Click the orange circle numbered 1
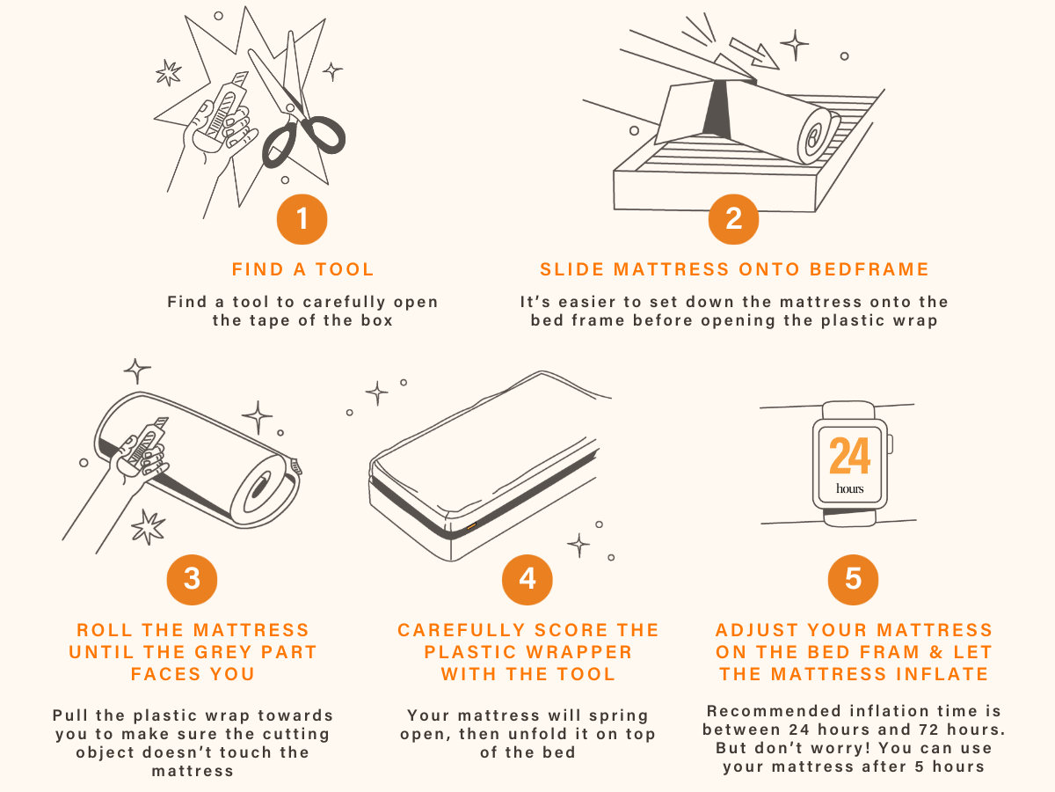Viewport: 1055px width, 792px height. click(x=302, y=219)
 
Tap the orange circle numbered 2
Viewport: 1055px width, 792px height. click(x=733, y=219)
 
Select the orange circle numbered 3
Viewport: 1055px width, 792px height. click(x=192, y=579)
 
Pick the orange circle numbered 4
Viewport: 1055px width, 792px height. click(x=527, y=579)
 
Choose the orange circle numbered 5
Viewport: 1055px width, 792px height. click(x=853, y=579)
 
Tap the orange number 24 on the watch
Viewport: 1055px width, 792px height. click(x=850, y=455)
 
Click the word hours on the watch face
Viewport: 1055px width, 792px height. click(x=850, y=488)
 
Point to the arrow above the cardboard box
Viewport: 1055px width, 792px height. click(x=753, y=54)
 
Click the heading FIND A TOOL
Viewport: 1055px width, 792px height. click(x=302, y=269)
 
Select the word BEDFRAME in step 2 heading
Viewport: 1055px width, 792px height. click(x=869, y=269)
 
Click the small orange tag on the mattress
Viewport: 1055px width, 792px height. click(x=471, y=526)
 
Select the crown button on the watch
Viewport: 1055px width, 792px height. click(x=890, y=444)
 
